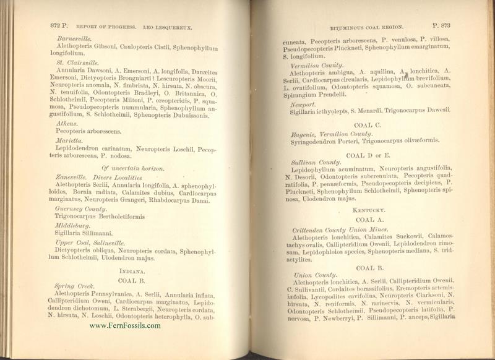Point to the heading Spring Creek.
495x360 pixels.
click(69, 287)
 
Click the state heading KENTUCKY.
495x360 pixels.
click(370, 211)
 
